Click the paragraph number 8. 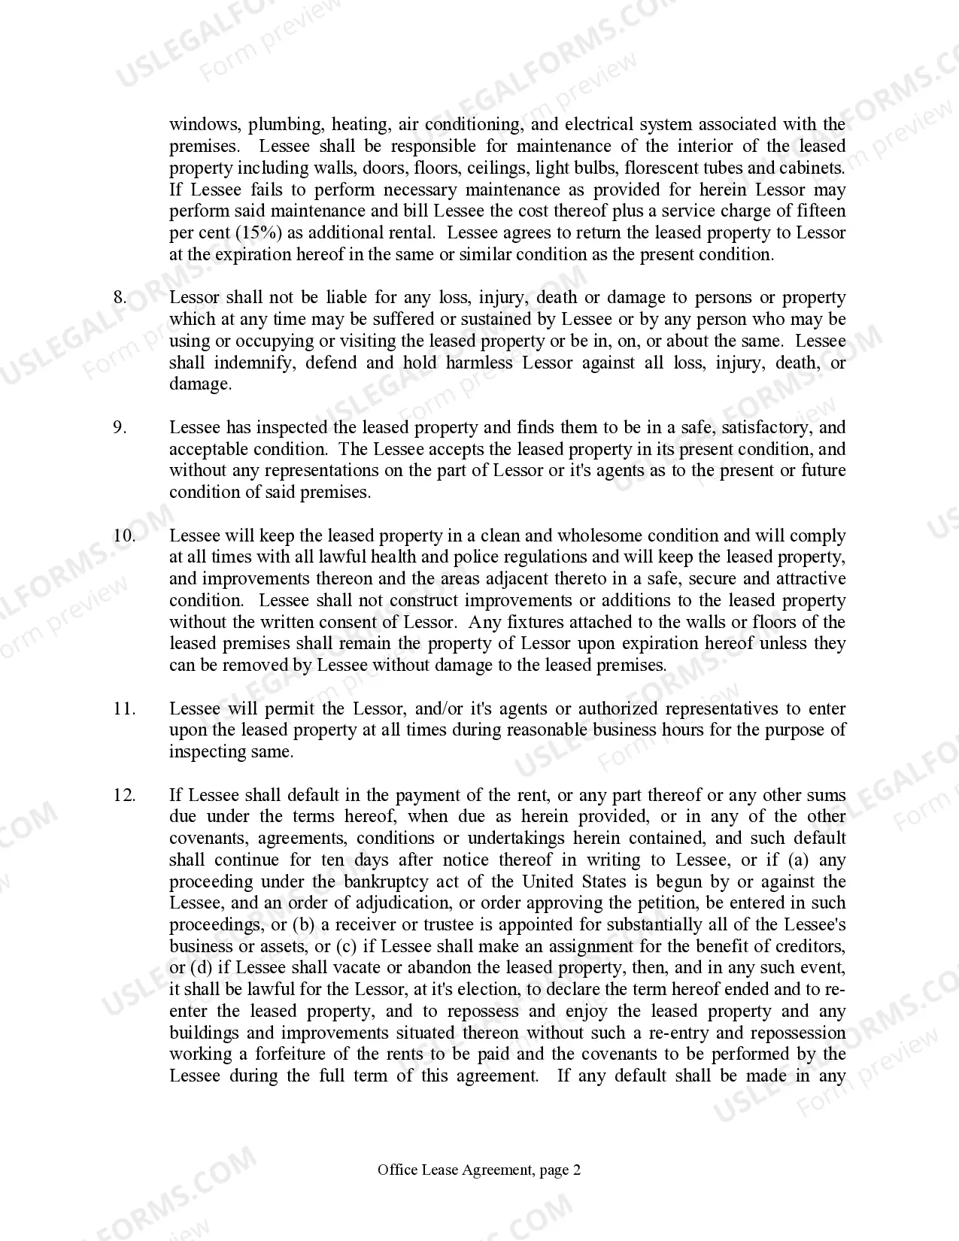click(x=120, y=297)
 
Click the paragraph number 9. click(x=120, y=427)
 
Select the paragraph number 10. click(x=124, y=536)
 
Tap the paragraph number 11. click(x=124, y=708)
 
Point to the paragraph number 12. click(x=124, y=795)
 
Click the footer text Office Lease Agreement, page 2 click(x=479, y=1170)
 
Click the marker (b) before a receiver click(x=303, y=924)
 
